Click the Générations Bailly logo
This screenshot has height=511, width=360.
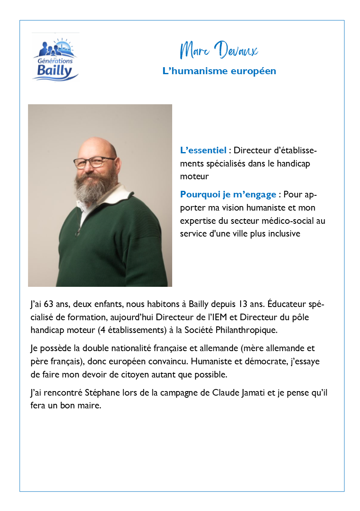[55, 58]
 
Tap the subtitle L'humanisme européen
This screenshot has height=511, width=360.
[219, 71]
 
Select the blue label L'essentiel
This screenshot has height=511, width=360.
[203, 150]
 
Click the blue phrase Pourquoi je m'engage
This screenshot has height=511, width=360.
[228, 194]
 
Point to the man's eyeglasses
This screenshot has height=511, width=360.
[94, 162]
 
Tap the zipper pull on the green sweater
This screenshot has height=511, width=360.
[77, 233]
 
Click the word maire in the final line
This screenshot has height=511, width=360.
[91, 406]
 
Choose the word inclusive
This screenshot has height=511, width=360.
[284, 234]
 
